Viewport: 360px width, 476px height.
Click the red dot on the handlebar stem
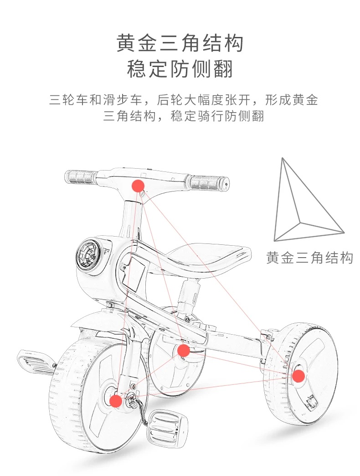tap(138, 186)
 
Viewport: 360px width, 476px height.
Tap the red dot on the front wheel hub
tap(116, 401)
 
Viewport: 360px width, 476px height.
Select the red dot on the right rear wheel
tap(298, 376)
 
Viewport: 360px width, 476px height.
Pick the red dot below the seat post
tap(183, 350)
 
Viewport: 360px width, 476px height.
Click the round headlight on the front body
tap(87, 257)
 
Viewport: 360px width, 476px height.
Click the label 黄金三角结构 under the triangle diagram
tap(309, 258)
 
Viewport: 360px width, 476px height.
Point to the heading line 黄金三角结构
tap(180, 44)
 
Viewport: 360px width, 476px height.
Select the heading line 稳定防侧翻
tap(180, 69)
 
